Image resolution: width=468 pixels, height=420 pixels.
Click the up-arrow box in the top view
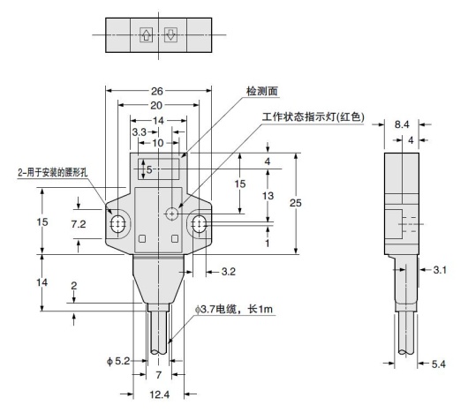[146, 35]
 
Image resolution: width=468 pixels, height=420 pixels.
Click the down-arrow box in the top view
[171, 35]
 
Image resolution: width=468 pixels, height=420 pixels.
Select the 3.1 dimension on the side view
[438, 270]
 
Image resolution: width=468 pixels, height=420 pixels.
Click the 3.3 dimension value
[139, 131]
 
